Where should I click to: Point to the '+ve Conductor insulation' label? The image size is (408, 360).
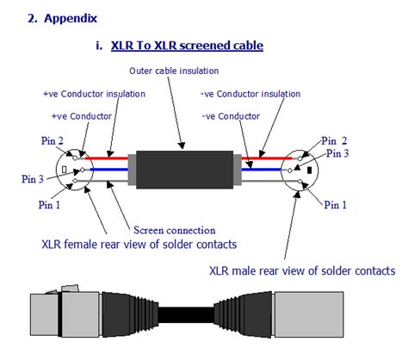click(x=94, y=93)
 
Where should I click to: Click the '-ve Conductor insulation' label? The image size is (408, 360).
click(x=250, y=93)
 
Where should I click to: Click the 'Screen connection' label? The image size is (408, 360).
click(x=171, y=229)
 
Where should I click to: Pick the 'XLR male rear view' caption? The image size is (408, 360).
click(x=302, y=271)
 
